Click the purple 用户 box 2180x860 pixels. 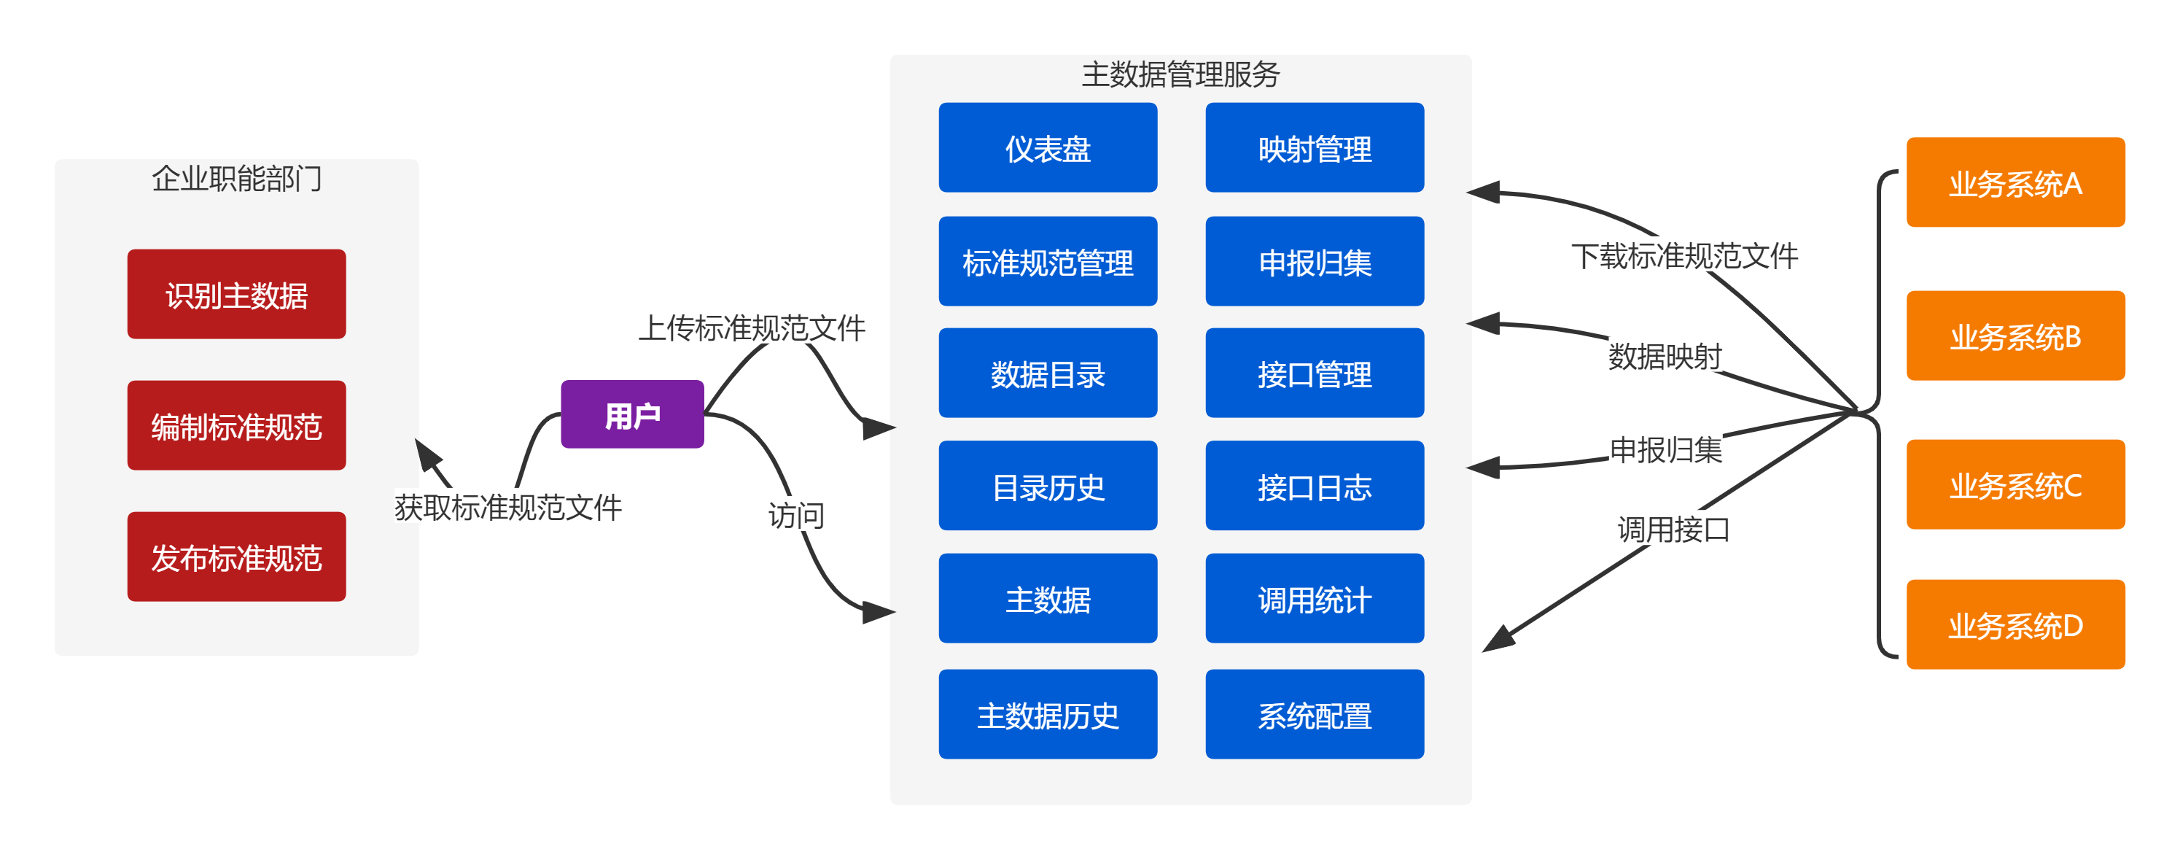point(632,415)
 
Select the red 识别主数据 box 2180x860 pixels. point(237,295)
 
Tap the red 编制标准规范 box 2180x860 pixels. point(237,426)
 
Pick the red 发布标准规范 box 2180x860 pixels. point(237,557)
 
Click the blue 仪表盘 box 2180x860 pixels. point(1048,148)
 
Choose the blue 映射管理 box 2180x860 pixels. point(1315,148)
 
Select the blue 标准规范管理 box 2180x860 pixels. point(1048,262)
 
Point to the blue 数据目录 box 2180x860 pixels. point(1048,373)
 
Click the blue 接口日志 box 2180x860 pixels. point(1315,486)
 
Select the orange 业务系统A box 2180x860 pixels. point(2015,183)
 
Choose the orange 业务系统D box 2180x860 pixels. point(2015,624)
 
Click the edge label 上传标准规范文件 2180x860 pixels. point(752,327)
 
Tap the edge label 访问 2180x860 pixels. point(795,514)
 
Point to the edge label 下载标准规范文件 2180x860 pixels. point(1684,255)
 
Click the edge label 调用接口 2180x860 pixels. point(1673,528)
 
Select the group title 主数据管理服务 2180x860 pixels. point(1180,74)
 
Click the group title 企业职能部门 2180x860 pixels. point(237,178)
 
